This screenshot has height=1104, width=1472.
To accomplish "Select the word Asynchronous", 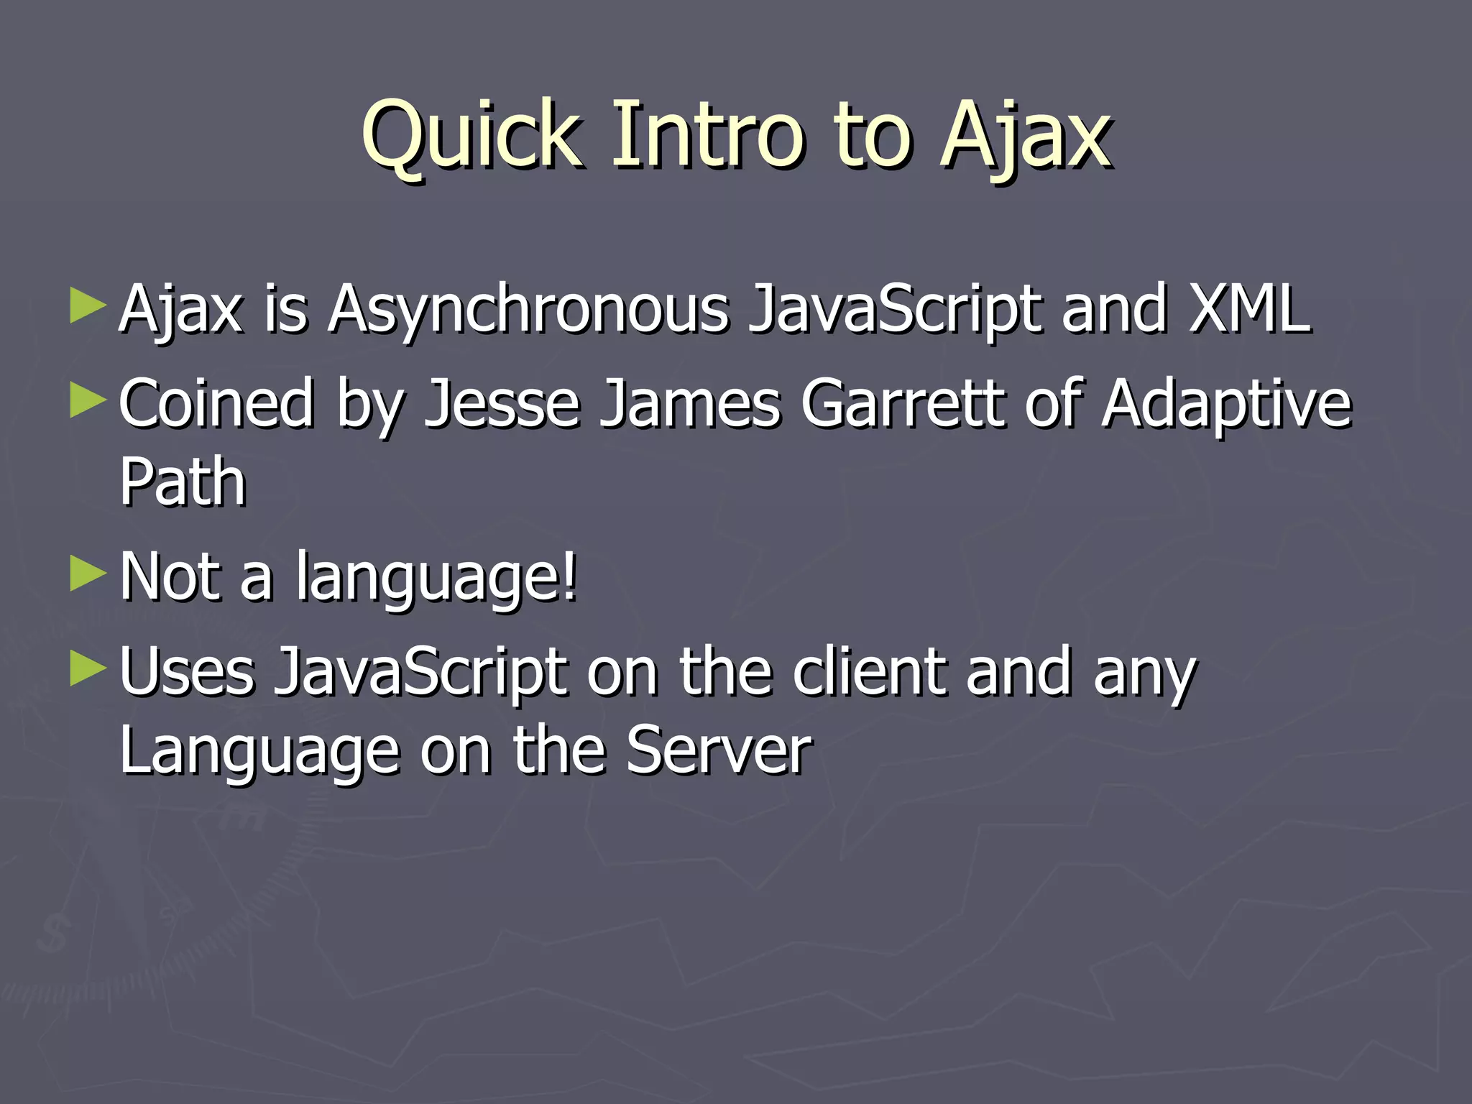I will (528, 310).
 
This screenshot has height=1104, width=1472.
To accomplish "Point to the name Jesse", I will (502, 404).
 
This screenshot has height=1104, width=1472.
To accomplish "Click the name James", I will (690, 404).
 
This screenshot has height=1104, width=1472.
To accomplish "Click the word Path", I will (183, 482).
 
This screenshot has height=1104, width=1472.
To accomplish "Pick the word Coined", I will (216, 404).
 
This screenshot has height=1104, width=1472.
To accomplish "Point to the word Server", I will (719, 751).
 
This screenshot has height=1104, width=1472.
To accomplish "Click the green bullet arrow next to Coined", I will (88, 400).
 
